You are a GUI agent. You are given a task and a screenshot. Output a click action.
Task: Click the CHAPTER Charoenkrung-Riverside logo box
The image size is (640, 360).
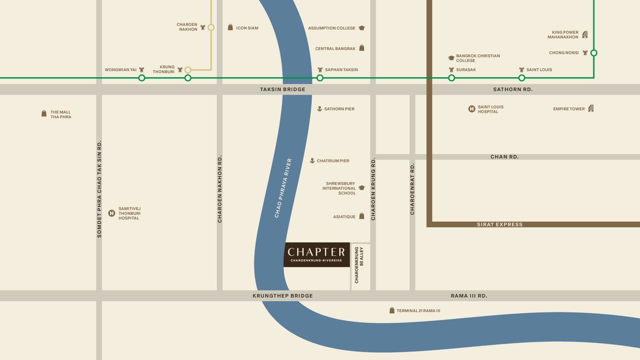click(316, 254)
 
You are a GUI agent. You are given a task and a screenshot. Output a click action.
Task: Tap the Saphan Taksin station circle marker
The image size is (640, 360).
click(320, 78)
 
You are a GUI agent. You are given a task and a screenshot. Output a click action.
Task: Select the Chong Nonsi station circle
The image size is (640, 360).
click(594, 53)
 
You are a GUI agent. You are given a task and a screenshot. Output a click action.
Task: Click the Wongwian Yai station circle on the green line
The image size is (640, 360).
click(142, 78)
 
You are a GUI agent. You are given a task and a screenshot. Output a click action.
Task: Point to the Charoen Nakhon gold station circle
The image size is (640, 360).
click(211, 28)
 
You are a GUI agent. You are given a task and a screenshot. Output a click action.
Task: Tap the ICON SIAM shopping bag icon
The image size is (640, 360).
click(230, 28)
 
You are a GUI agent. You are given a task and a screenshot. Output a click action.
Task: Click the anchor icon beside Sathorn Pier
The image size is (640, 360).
click(319, 109)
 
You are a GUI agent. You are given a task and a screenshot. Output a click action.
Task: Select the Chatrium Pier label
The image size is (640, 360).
click(333, 161)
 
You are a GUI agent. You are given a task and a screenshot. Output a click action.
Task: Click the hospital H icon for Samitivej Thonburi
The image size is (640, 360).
click(112, 213)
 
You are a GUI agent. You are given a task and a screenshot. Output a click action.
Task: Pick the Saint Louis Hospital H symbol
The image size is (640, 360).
click(472, 109)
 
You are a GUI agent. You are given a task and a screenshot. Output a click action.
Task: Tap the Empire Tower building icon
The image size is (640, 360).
click(591, 108)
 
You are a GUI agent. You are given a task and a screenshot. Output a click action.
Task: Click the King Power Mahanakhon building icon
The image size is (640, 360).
click(585, 34)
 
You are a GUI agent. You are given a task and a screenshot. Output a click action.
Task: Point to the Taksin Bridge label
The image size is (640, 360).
click(282, 90)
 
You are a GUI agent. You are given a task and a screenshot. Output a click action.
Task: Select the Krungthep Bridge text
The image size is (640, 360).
click(282, 296)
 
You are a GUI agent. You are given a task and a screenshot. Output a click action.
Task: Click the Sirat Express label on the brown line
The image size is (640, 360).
click(500, 224)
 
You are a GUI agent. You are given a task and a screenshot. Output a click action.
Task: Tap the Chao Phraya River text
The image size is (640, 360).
click(283, 188)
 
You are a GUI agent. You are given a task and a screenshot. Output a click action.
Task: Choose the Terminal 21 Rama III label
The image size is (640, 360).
click(418, 311)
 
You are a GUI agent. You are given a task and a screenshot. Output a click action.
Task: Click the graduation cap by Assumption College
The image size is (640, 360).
click(362, 28)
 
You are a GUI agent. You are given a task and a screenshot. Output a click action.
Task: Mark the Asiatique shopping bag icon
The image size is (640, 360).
click(362, 216)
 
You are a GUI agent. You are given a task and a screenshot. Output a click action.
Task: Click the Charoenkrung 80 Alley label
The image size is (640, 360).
click(359, 265)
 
